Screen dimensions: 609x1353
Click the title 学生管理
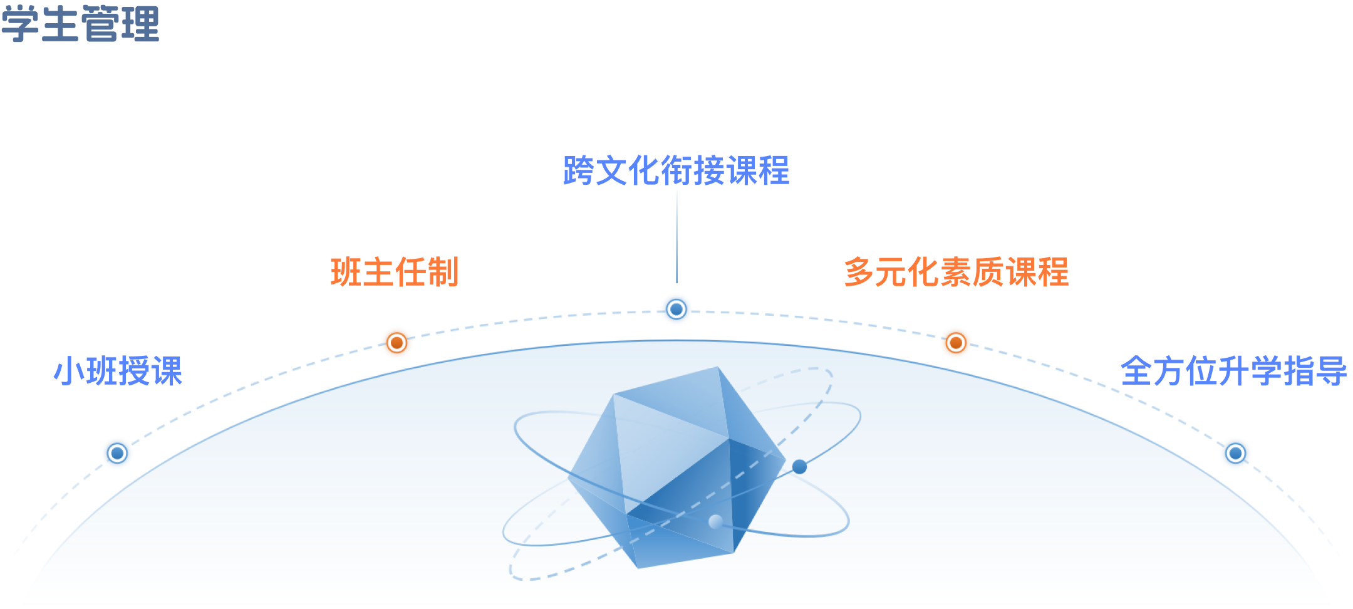pos(80,24)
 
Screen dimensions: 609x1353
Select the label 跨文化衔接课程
pos(676,170)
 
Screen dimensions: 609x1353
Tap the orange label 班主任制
pos(395,272)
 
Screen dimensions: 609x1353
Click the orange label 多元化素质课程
pos(956,272)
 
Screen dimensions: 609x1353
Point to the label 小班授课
pos(118,371)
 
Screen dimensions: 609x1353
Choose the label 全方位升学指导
pos(1233,371)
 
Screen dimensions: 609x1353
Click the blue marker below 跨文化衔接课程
pos(676,309)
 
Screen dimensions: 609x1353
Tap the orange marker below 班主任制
pos(397,343)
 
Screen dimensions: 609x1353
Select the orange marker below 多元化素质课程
pos(955,343)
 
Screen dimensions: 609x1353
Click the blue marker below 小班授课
pos(117,452)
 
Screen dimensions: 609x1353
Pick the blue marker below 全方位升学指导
pos(1235,452)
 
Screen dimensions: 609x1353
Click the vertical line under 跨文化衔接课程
pos(676,235)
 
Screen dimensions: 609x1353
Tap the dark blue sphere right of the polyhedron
pos(799,467)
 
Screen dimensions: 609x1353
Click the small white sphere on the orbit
pos(715,521)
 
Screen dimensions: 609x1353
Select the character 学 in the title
pos(20,24)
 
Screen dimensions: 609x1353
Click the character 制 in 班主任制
pos(443,272)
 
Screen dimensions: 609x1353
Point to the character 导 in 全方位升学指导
pos(1330,371)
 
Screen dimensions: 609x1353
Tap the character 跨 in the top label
pos(579,170)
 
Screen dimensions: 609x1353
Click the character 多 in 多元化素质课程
pos(859,272)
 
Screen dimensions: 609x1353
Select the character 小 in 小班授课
pos(68,371)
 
